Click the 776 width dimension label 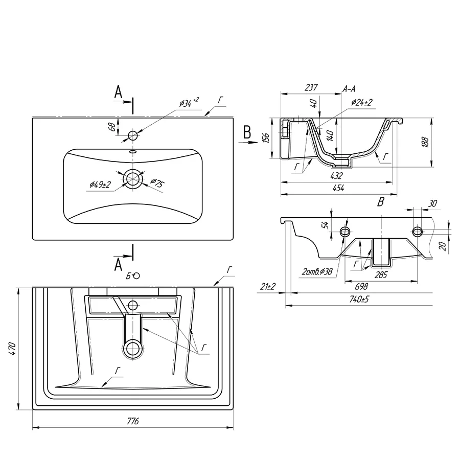[132, 421]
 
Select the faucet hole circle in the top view [133, 135]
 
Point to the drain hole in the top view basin [133, 178]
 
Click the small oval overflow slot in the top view [133, 152]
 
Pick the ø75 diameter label [157, 183]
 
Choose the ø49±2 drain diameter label [100, 185]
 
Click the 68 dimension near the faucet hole [112, 127]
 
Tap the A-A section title [349, 89]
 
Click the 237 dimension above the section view [311, 87]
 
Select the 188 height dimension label [425, 142]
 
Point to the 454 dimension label [338, 188]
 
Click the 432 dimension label [336, 175]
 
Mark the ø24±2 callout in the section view [362, 102]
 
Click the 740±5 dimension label [359, 299]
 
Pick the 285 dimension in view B [381, 274]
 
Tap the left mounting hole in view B [345, 232]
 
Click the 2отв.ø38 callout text [317, 272]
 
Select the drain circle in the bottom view [133, 348]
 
